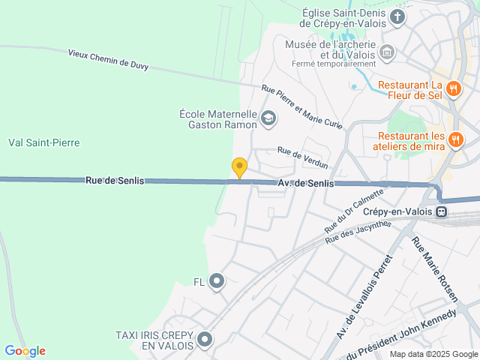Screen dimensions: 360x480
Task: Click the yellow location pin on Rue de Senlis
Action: click(239, 168)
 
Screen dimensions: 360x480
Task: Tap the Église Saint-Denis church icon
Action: click(398, 16)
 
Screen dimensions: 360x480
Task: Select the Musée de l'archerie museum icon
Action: click(387, 52)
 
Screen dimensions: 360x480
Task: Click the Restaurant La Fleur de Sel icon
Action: click(453, 90)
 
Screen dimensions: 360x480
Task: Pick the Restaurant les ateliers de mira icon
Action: click(455, 139)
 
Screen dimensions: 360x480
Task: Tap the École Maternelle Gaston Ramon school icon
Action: click(268, 118)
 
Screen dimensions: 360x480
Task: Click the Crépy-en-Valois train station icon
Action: click(443, 211)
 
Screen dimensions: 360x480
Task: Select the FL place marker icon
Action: click(217, 281)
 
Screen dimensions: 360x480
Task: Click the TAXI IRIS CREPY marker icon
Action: click(204, 341)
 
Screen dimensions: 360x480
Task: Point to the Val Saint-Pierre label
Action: click(43, 142)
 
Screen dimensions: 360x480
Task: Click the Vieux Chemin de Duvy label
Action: click(108, 59)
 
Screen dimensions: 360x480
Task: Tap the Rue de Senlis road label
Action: click(114, 181)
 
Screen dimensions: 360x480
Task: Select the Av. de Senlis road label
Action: click(306, 183)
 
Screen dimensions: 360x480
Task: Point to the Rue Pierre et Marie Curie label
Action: click(301, 106)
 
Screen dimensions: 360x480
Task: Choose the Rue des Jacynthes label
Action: click(358, 232)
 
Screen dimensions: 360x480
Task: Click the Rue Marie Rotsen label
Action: click(435, 269)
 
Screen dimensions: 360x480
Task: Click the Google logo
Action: click(25, 351)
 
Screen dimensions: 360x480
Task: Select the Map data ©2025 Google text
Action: click(433, 354)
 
